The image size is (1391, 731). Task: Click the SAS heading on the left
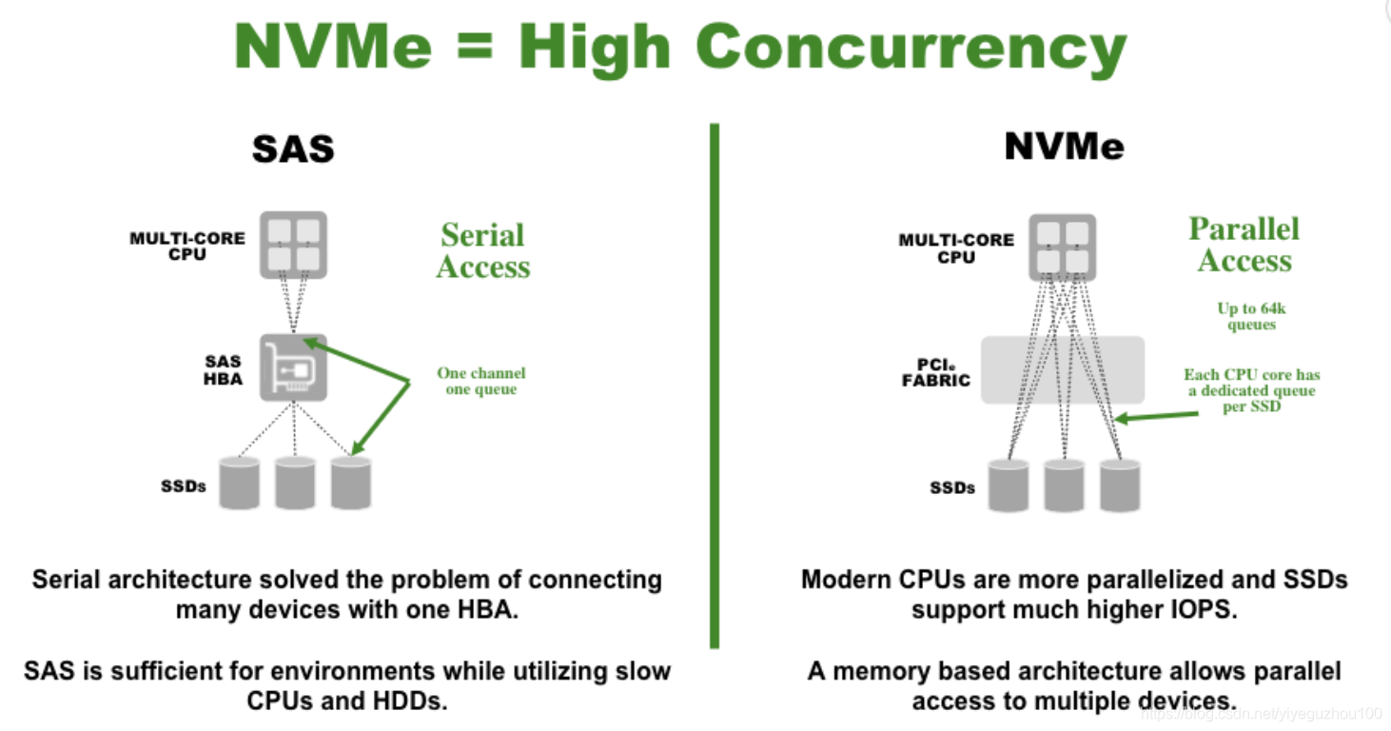(x=293, y=148)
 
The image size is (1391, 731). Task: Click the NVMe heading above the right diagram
(x=1064, y=147)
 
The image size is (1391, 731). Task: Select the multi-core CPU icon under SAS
(x=294, y=245)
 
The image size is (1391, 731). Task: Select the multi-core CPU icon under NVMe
(x=1062, y=247)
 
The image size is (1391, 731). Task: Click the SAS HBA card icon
(x=294, y=366)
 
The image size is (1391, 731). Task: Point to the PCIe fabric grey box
(x=1062, y=369)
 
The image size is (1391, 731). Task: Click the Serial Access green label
(x=482, y=251)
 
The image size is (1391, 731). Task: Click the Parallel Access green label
(x=1244, y=245)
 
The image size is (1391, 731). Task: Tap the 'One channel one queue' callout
(x=480, y=381)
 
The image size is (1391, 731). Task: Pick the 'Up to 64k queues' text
(x=1250, y=316)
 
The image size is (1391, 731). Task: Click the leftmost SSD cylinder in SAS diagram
(x=239, y=483)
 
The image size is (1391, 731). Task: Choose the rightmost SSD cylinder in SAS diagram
(x=350, y=483)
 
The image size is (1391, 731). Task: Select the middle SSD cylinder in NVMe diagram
(x=1064, y=485)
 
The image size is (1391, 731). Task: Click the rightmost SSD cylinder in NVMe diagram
(x=1119, y=485)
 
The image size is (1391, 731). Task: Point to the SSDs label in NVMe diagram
(x=951, y=487)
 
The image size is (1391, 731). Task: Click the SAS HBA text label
(x=224, y=369)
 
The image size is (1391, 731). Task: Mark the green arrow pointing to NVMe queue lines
(x=1156, y=416)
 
